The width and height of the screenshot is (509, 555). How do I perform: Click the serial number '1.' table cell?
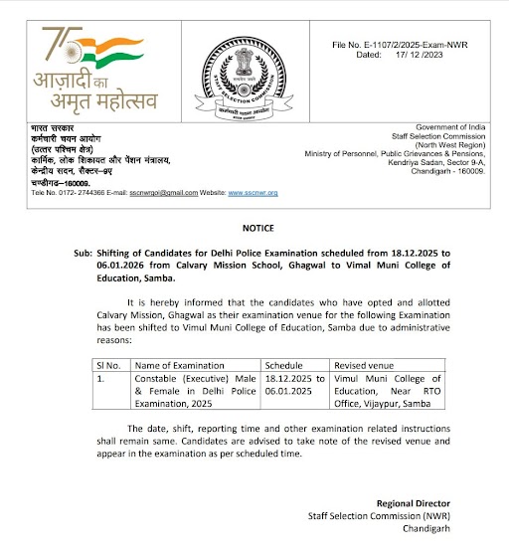tap(98, 379)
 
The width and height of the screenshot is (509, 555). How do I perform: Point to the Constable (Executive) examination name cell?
tap(195, 392)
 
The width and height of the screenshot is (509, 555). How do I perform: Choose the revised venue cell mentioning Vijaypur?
tap(395, 392)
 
